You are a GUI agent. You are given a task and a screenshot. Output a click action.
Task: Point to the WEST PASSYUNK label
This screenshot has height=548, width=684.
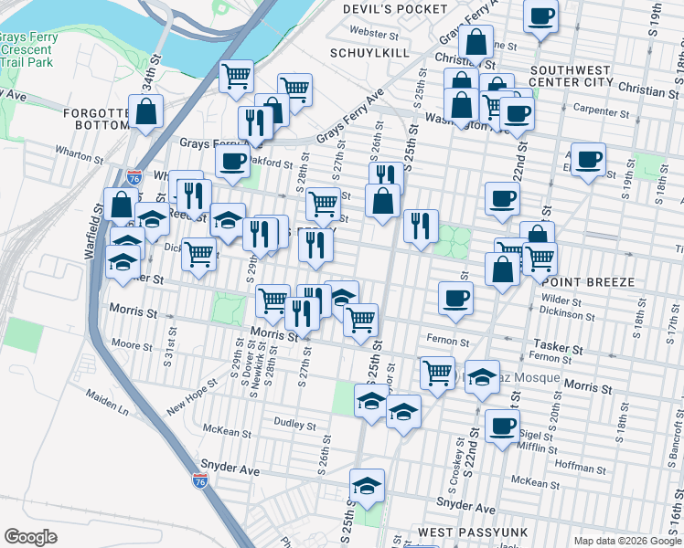[462, 532]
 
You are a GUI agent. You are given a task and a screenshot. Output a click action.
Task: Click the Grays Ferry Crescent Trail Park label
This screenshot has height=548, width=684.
[26, 49]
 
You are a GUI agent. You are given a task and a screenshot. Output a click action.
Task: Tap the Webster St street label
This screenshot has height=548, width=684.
[375, 33]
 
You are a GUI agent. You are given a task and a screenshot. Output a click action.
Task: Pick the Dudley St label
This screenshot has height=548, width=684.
[295, 425]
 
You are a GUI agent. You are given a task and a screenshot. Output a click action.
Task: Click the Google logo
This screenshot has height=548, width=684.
[30, 537]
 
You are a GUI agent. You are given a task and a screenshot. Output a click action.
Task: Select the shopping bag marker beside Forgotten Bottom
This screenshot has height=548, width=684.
[146, 113]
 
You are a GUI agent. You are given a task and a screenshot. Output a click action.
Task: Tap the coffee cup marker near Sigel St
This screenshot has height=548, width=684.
[501, 426]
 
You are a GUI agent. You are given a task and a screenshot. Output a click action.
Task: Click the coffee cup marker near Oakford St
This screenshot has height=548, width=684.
[233, 162]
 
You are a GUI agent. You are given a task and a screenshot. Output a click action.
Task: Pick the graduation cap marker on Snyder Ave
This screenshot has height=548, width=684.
[368, 484]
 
